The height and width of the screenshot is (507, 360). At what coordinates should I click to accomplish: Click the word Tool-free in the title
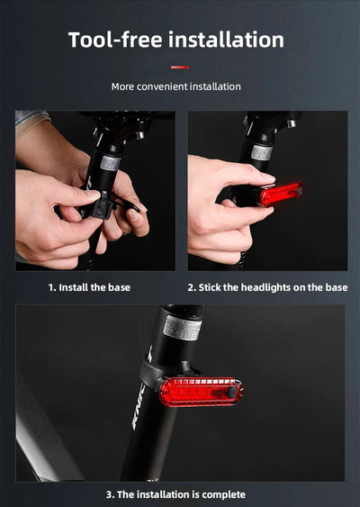point(116,40)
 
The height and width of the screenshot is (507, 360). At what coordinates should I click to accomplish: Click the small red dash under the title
point(180,67)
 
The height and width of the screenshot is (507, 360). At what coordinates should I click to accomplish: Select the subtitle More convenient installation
point(175,86)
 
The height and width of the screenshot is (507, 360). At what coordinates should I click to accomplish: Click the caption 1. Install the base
point(89,287)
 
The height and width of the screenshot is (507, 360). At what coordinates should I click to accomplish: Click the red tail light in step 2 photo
point(281,194)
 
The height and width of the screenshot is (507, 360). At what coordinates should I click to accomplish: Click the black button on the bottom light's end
point(232,394)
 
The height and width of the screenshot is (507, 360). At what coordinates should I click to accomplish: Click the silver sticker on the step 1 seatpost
point(111,164)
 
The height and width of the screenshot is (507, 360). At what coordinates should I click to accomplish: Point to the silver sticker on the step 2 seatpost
point(261,152)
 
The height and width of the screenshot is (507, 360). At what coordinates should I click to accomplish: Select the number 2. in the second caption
point(193,287)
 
